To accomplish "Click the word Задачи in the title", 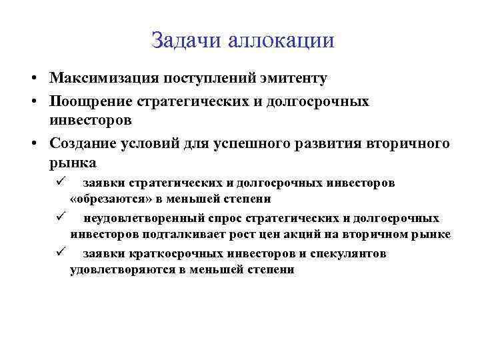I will tap(187, 41).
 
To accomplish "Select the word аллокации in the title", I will tap(281, 41).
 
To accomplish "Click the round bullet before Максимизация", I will tap(33, 79).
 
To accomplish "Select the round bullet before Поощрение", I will tap(33, 102).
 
